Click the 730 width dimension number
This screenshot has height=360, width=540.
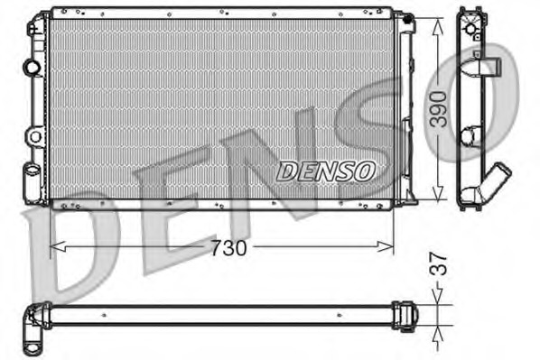pos(229,247)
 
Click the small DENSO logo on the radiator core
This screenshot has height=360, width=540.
pos(325,170)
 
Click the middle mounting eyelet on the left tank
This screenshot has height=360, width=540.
pos(34,137)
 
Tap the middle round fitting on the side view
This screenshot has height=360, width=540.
pos(470,137)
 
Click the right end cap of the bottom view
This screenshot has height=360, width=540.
pos(409,314)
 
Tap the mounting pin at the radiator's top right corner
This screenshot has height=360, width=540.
pos(406,17)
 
